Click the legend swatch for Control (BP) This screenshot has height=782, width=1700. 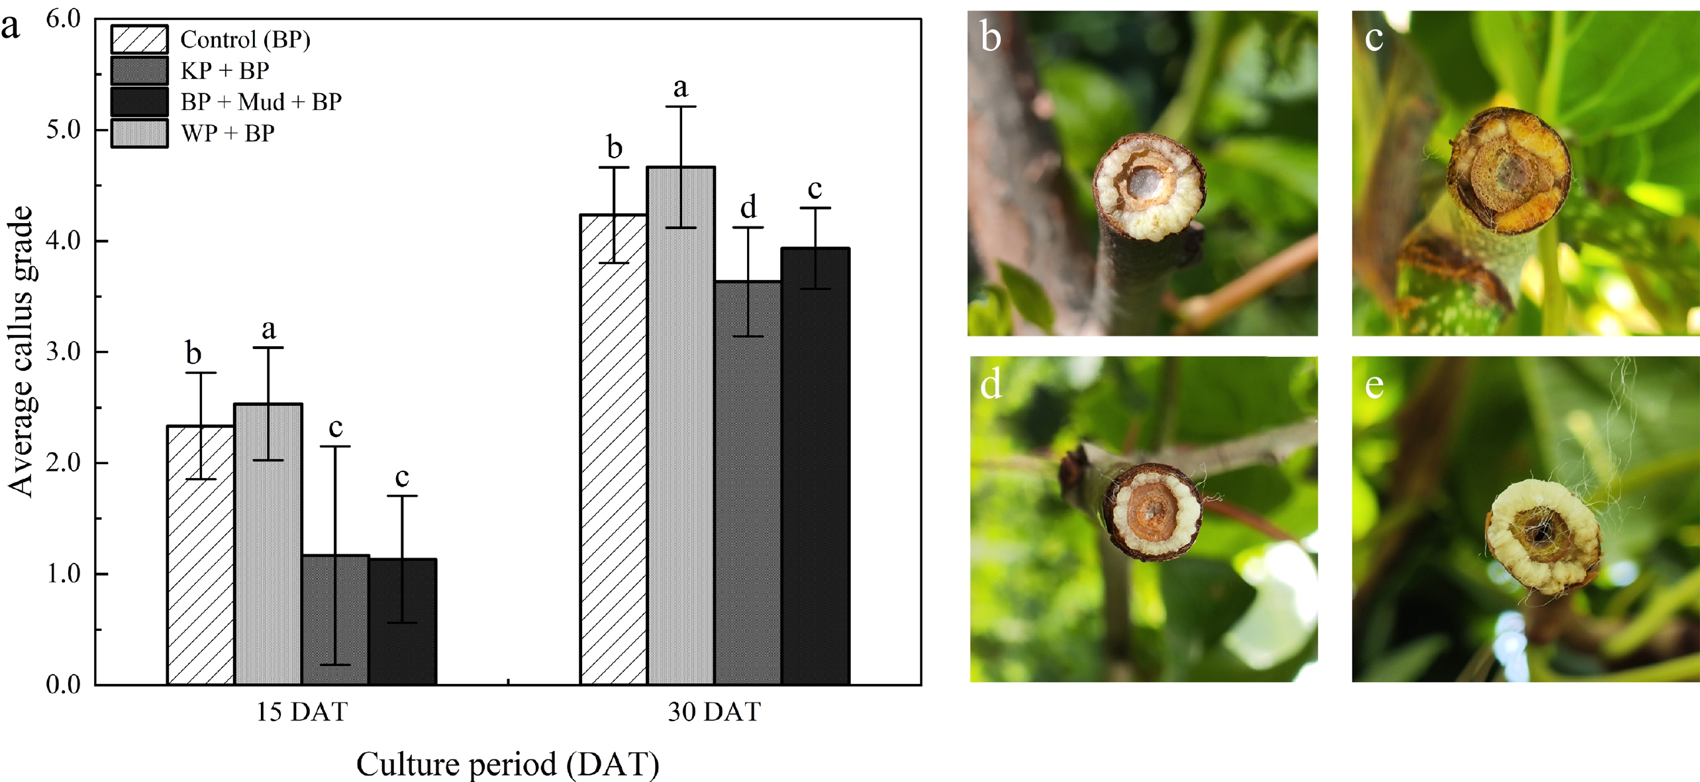[139, 39]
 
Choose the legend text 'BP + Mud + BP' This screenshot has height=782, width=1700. [261, 102]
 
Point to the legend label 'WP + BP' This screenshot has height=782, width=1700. [227, 134]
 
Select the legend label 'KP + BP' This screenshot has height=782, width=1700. [225, 71]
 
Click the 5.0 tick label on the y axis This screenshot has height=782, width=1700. [63, 130]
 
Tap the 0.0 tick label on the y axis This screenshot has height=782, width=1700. [63, 684]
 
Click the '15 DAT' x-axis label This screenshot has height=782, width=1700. [301, 712]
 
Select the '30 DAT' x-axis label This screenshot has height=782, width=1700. [714, 712]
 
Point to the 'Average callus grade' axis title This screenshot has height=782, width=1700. [21, 351]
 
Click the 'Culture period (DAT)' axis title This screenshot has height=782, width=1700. [507, 764]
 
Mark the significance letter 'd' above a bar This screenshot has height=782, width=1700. [748, 207]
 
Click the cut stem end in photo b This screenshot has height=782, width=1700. [1148, 187]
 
